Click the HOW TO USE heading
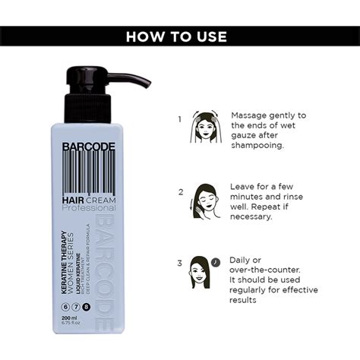[180, 36]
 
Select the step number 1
[180, 118]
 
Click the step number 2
[180, 192]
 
